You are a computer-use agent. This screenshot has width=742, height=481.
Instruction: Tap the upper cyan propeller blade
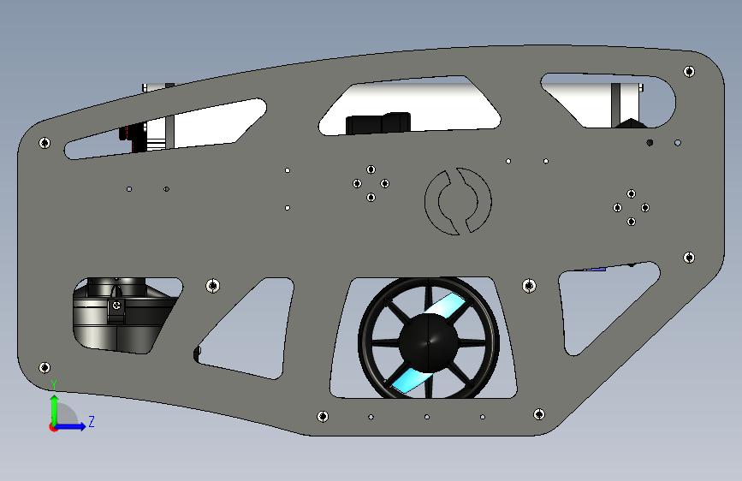450,305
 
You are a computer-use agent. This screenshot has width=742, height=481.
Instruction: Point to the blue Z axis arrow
74,426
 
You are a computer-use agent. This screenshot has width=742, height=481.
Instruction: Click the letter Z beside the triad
91,422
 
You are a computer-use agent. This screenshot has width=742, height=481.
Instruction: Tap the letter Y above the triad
53,384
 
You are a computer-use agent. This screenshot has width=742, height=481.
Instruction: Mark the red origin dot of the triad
53,427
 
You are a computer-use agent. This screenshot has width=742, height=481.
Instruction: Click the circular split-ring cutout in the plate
459,202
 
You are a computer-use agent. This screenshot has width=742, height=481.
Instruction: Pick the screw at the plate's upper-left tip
45,143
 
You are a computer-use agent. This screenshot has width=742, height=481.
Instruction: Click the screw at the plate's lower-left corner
45,367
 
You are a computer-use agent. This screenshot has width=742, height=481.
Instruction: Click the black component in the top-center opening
377,123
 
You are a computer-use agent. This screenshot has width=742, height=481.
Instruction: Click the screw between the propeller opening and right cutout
528,285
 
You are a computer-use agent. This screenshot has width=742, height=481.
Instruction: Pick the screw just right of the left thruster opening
212,286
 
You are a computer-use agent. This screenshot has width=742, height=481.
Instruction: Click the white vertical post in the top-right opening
617,103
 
